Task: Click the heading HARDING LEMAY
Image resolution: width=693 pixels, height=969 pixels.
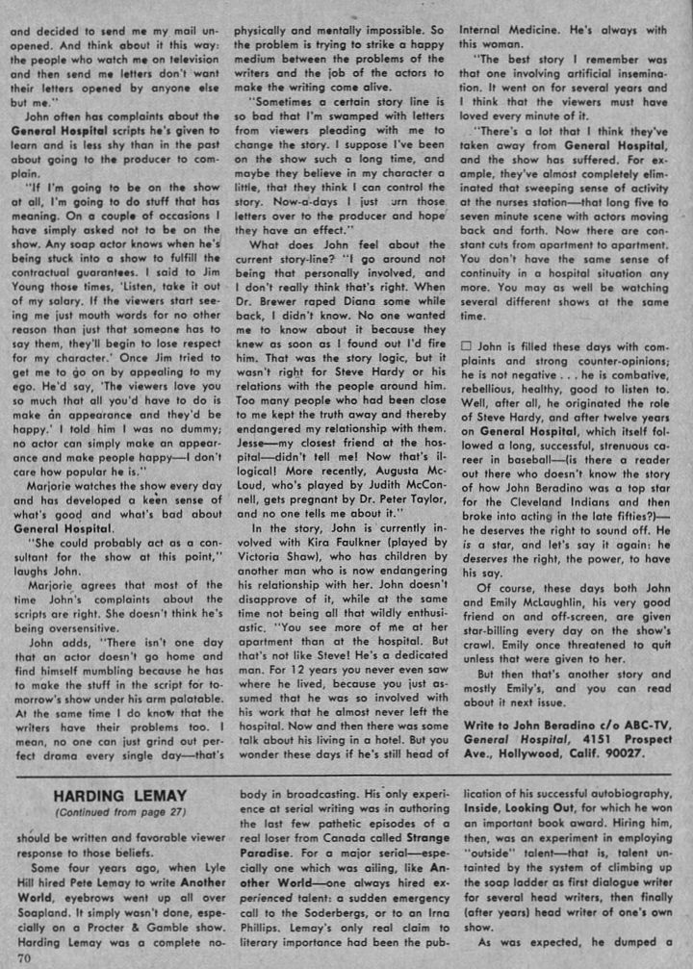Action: [113, 796]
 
